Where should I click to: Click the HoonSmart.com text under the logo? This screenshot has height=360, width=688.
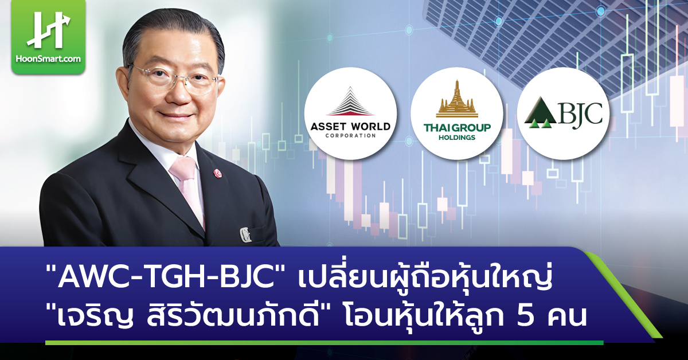click(x=48, y=58)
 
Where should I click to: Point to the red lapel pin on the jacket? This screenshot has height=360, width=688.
click(x=217, y=171)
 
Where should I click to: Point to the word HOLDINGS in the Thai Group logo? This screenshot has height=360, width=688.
click(x=457, y=138)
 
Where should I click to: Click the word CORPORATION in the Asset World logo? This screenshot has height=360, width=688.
click(x=350, y=136)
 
